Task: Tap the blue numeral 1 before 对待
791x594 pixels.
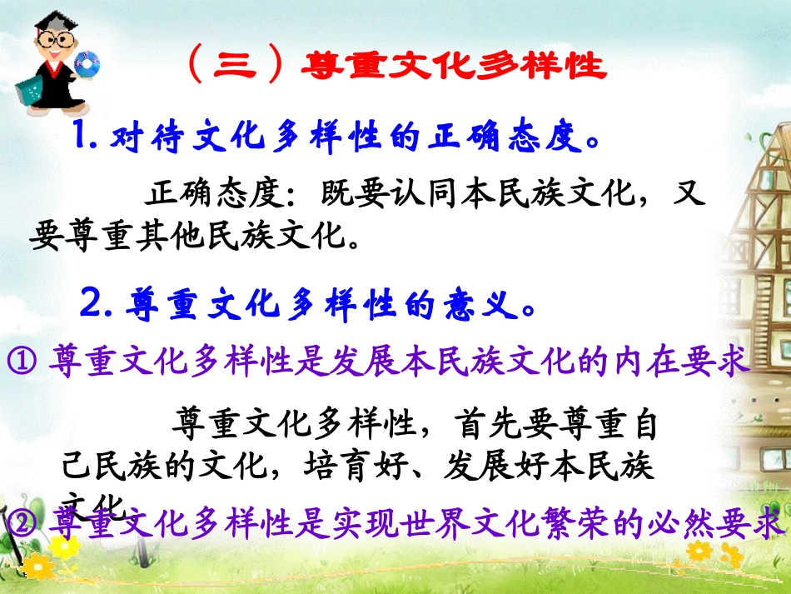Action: (83, 135)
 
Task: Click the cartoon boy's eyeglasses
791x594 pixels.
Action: (55, 39)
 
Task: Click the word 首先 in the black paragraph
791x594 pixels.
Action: (487, 425)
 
